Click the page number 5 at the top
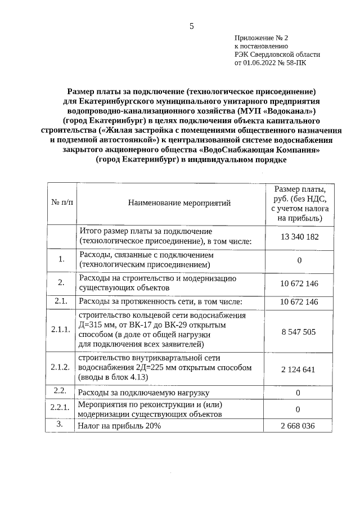click(x=191, y=26)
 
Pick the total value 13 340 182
click(x=299, y=237)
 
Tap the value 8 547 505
click(x=299, y=332)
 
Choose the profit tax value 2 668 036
click(x=299, y=426)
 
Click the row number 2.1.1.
click(x=60, y=329)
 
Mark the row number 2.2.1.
click(x=60, y=408)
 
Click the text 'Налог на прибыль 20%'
click(x=120, y=426)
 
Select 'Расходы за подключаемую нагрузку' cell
click(x=144, y=393)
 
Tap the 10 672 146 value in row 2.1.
click(x=299, y=302)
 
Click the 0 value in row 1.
click(x=299, y=260)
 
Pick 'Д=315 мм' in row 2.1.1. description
click(x=97, y=326)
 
